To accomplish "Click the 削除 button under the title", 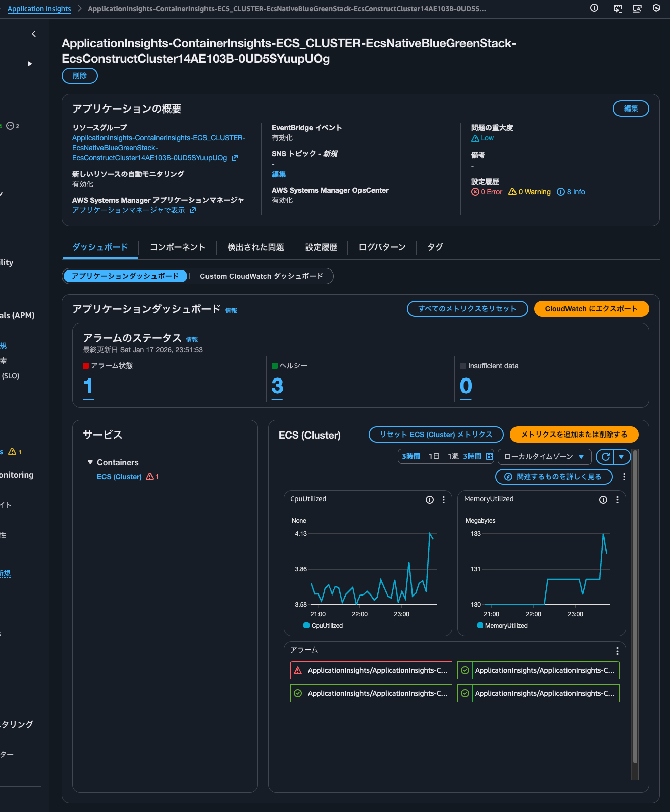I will (x=80, y=76).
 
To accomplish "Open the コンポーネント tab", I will (x=177, y=247).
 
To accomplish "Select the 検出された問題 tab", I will (x=255, y=247).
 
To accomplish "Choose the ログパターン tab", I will (x=382, y=247).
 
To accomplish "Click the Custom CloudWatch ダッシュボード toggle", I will (x=261, y=276).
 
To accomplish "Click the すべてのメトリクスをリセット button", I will (x=467, y=309).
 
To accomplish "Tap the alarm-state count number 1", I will (x=88, y=386).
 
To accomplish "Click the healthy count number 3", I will (x=277, y=386).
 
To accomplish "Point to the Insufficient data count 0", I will (x=466, y=386).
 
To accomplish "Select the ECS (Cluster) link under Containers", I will (x=119, y=477).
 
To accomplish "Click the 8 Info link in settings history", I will (x=571, y=192).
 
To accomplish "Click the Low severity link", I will (x=487, y=138).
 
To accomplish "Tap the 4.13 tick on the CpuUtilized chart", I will (x=301, y=534).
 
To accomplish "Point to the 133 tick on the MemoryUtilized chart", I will (x=476, y=534).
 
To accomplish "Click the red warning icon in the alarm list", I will (x=298, y=670).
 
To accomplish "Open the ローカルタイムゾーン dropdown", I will (x=544, y=457).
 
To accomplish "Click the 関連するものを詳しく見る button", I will (x=554, y=477).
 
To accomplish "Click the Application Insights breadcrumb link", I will (x=39, y=9).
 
